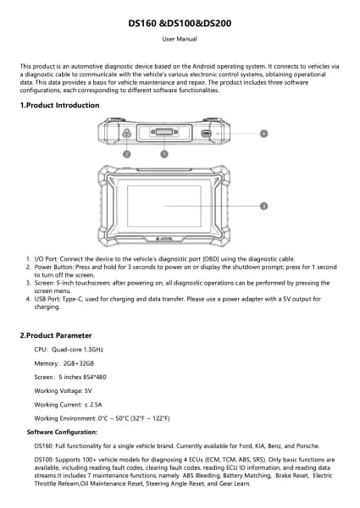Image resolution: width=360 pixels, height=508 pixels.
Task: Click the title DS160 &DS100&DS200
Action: tap(180, 24)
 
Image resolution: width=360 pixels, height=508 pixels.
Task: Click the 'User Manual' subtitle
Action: tap(180, 39)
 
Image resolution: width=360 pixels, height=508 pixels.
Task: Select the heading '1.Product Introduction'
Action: tap(59, 105)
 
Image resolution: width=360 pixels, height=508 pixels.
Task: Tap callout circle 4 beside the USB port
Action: tap(263, 134)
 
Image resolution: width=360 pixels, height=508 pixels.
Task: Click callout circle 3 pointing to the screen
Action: tap(263, 206)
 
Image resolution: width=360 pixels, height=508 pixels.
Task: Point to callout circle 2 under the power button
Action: tap(127, 154)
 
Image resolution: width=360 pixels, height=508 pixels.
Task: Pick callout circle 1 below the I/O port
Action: tap(164, 154)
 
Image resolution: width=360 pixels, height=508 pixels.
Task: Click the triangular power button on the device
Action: tap(126, 133)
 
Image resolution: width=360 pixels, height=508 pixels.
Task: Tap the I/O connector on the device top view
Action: tap(164, 132)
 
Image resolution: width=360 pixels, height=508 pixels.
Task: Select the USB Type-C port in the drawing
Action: tap(206, 133)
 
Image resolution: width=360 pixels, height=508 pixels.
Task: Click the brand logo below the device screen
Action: tap(164, 239)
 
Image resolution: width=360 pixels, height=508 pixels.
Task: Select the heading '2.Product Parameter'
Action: tap(56, 335)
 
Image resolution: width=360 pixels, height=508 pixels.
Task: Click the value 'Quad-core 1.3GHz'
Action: tap(77, 350)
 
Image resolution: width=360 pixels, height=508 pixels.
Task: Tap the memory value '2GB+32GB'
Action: tap(79, 363)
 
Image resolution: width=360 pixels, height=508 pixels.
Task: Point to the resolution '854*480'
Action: tap(95, 377)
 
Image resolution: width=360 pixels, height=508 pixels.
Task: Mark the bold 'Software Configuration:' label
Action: tap(62, 432)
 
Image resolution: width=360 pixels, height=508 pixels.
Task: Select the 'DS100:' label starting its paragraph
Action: tap(44, 460)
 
